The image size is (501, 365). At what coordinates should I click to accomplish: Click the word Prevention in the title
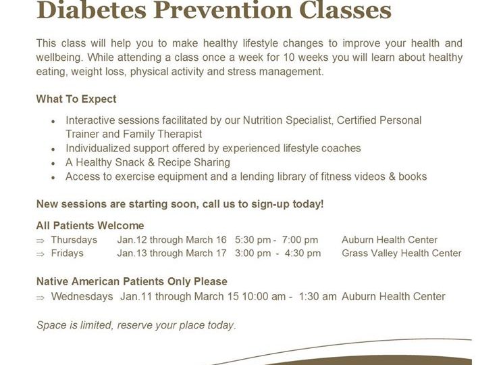222,10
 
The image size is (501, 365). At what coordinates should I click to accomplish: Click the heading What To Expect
76,99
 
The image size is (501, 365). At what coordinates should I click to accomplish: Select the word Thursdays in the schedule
74,240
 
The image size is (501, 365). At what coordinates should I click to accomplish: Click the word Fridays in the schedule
67,253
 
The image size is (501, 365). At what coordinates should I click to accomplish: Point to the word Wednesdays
82,297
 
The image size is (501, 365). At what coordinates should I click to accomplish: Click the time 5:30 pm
253,240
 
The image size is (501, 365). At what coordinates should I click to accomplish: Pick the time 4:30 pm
302,253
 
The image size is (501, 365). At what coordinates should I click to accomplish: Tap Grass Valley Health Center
402,253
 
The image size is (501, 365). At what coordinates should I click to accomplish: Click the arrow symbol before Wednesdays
41,298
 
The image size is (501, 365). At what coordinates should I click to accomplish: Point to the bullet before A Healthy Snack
53,164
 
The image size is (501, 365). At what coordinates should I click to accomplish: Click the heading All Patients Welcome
90,226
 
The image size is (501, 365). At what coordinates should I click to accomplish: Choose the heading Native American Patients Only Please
132,281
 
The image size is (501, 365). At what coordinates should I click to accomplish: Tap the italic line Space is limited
136,325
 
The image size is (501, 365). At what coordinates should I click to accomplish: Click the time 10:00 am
263,297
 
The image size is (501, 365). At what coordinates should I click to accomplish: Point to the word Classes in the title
346,10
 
